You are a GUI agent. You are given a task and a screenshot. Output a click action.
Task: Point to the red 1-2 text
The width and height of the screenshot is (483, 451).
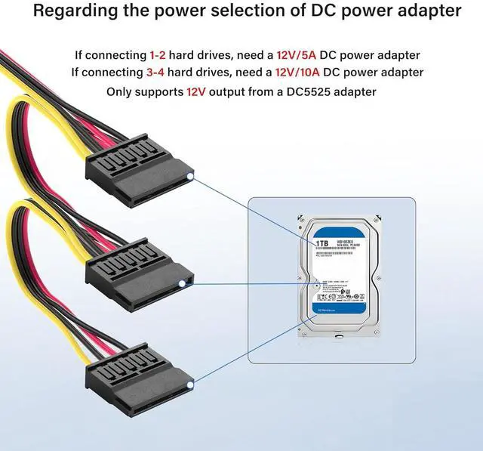(157, 55)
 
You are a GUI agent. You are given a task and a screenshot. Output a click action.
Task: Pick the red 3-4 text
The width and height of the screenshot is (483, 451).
(158, 73)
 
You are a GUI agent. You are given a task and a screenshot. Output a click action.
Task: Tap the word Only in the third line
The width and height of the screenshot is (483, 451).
(122, 91)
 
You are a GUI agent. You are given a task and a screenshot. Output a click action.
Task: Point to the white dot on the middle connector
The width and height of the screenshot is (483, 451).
(181, 283)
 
